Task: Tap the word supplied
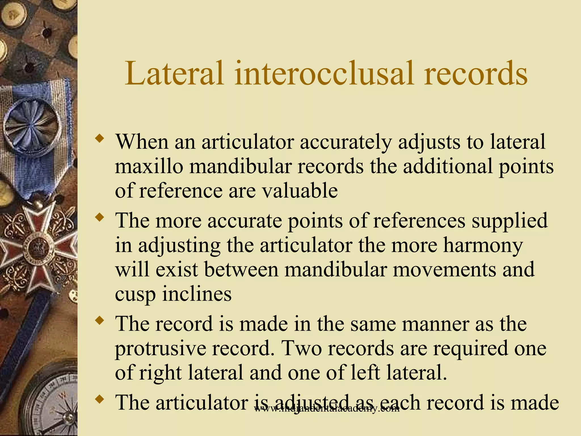pos(510,221)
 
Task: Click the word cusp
pos(135,294)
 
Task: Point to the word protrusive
pos(160,348)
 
